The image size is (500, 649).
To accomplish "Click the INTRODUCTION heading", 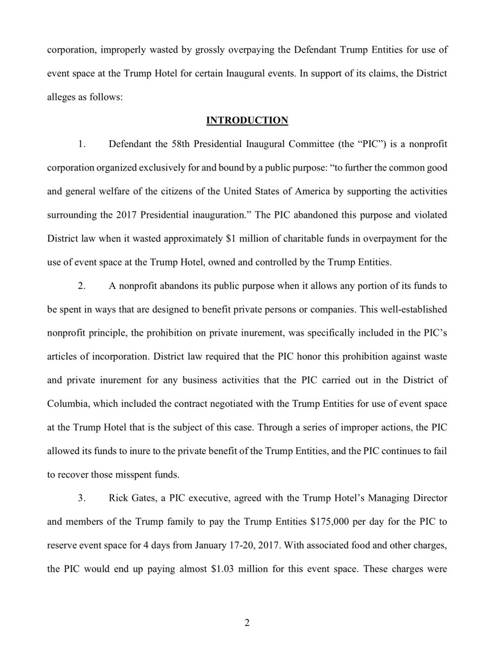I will [x=250, y=121].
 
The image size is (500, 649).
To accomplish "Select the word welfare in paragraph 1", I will [x=101, y=191].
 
